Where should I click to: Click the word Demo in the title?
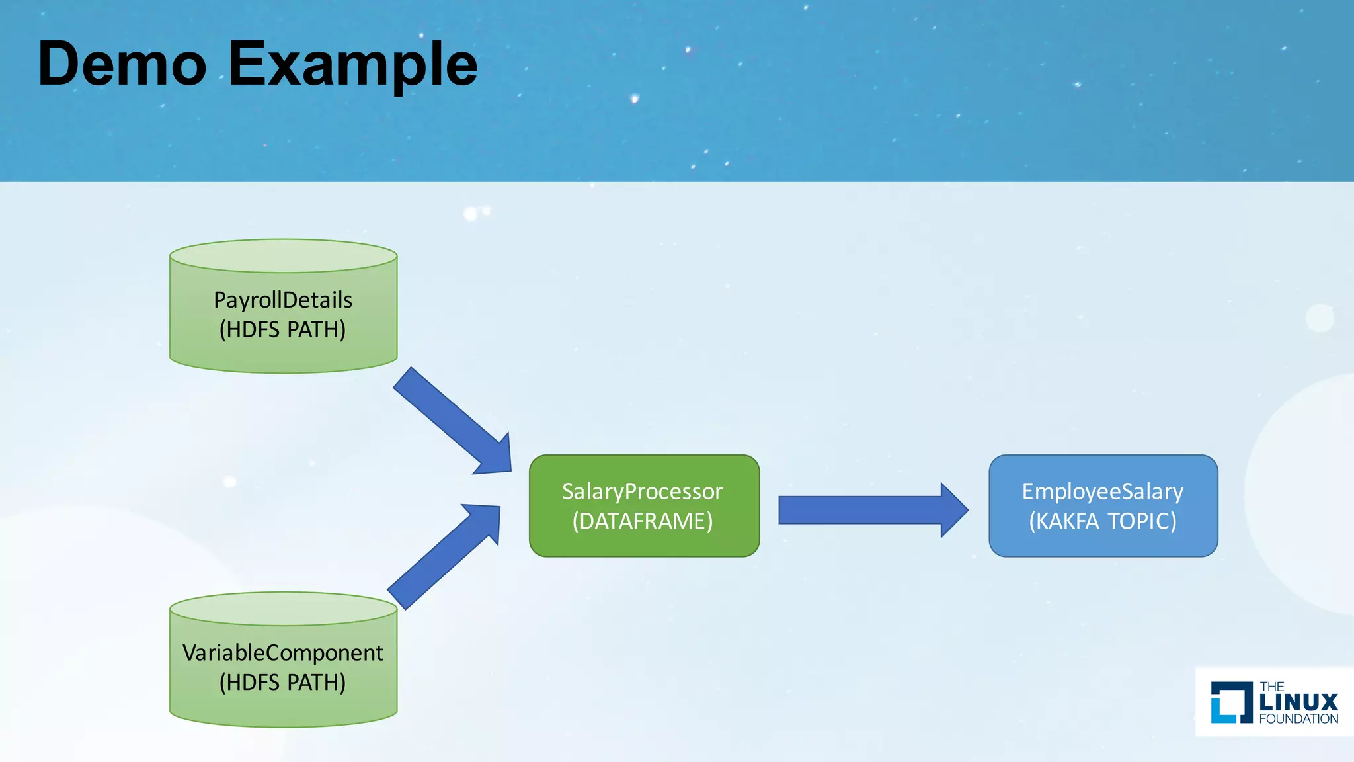(x=122, y=64)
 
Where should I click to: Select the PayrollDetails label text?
(x=283, y=300)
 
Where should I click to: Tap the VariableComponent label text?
(x=283, y=653)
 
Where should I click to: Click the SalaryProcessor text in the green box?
(x=642, y=491)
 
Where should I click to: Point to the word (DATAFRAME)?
(x=642, y=521)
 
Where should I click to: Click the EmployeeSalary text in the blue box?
(x=1102, y=491)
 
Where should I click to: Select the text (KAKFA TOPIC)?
(x=1102, y=521)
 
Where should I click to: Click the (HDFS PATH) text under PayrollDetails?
(x=283, y=329)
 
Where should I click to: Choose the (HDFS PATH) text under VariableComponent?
(x=283, y=682)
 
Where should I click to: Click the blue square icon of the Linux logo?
(x=1231, y=702)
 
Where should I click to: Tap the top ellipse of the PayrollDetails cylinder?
(x=283, y=256)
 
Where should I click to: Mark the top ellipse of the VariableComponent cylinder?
(x=283, y=609)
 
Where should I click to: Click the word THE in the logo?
(x=1271, y=687)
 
